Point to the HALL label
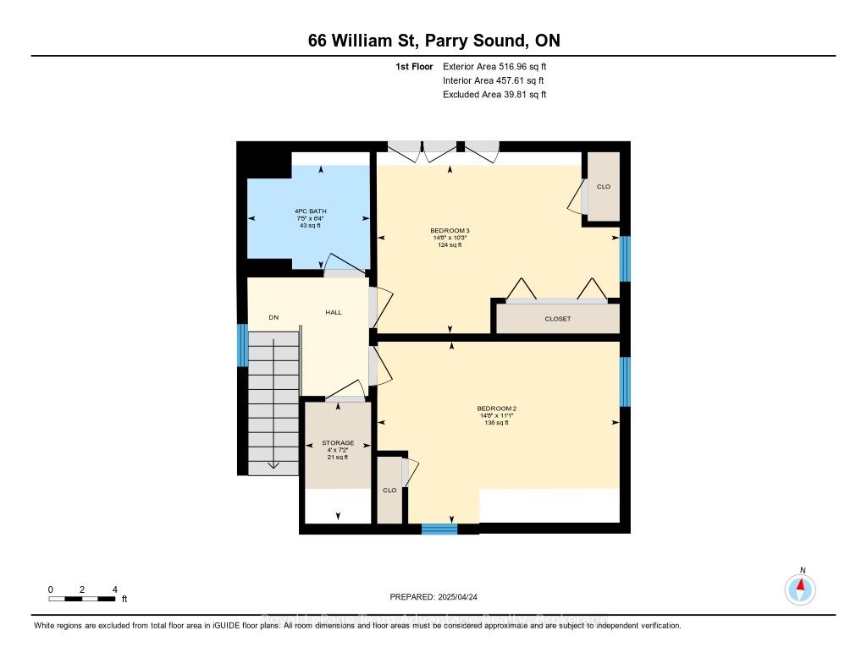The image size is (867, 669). point(334,313)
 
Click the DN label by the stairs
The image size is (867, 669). point(273,318)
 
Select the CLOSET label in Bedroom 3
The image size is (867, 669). point(558,319)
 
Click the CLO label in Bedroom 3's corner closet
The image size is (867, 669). point(603,187)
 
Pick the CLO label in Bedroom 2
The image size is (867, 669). point(389,490)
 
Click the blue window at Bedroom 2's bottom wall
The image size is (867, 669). point(439,529)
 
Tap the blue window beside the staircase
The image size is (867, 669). point(242,344)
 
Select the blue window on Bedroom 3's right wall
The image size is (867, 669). point(625,259)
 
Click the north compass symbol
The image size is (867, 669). point(800,588)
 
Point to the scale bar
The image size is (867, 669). point(82,599)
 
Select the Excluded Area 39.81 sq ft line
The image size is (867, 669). point(494,95)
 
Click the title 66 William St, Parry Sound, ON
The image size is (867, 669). point(433,41)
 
